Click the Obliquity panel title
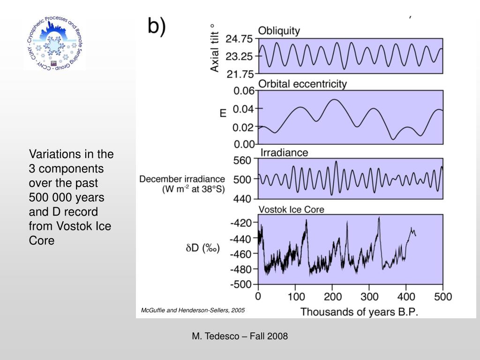[279, 30]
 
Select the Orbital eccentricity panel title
[303, 84]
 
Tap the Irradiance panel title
[284, 153]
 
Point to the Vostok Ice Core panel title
[291, 210]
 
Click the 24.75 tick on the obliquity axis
[239, 39]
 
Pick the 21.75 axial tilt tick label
[239, 74]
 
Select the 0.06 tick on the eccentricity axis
[244, 91]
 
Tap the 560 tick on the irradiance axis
[242, 160]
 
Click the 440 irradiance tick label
[242, 199]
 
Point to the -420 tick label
[240, 222]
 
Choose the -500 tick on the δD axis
[240, 284]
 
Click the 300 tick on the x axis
[369, 297]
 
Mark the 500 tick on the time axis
[443, 297]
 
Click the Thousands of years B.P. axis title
[359, 312]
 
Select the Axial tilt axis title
[214, 48]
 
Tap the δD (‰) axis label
[202, 248]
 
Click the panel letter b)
[157, 26]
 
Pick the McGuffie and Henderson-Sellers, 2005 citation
[193, 310]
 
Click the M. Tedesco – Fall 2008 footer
[240, 336]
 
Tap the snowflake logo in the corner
[54, 45]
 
